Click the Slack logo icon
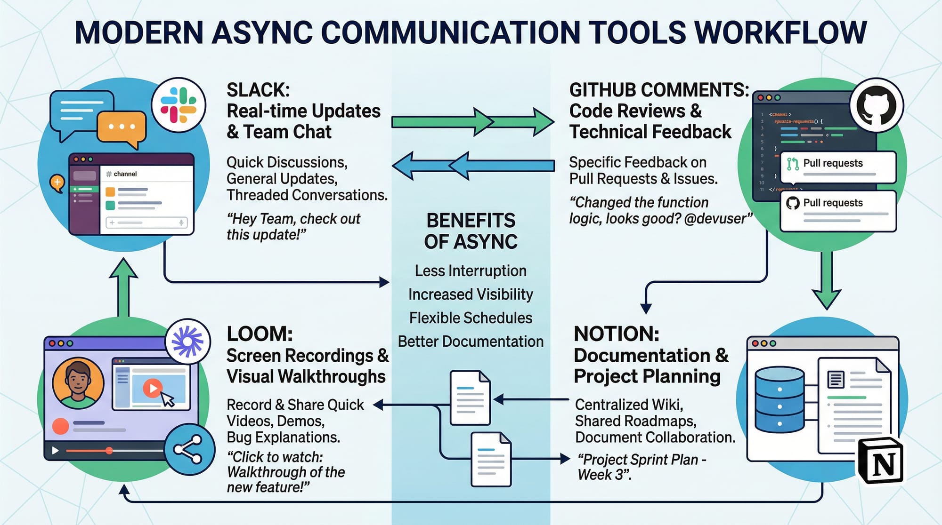click(179, 105)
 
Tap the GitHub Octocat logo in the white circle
click(876, 105)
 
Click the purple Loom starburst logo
click(187, 341)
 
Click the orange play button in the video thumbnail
click(152, 389)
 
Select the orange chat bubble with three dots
click(122, 127)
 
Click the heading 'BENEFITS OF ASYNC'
click(471, 231)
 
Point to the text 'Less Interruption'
click(471, 271)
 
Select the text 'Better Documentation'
click(471, 342)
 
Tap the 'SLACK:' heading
click(258, 90)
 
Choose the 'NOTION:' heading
click(616, 334)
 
